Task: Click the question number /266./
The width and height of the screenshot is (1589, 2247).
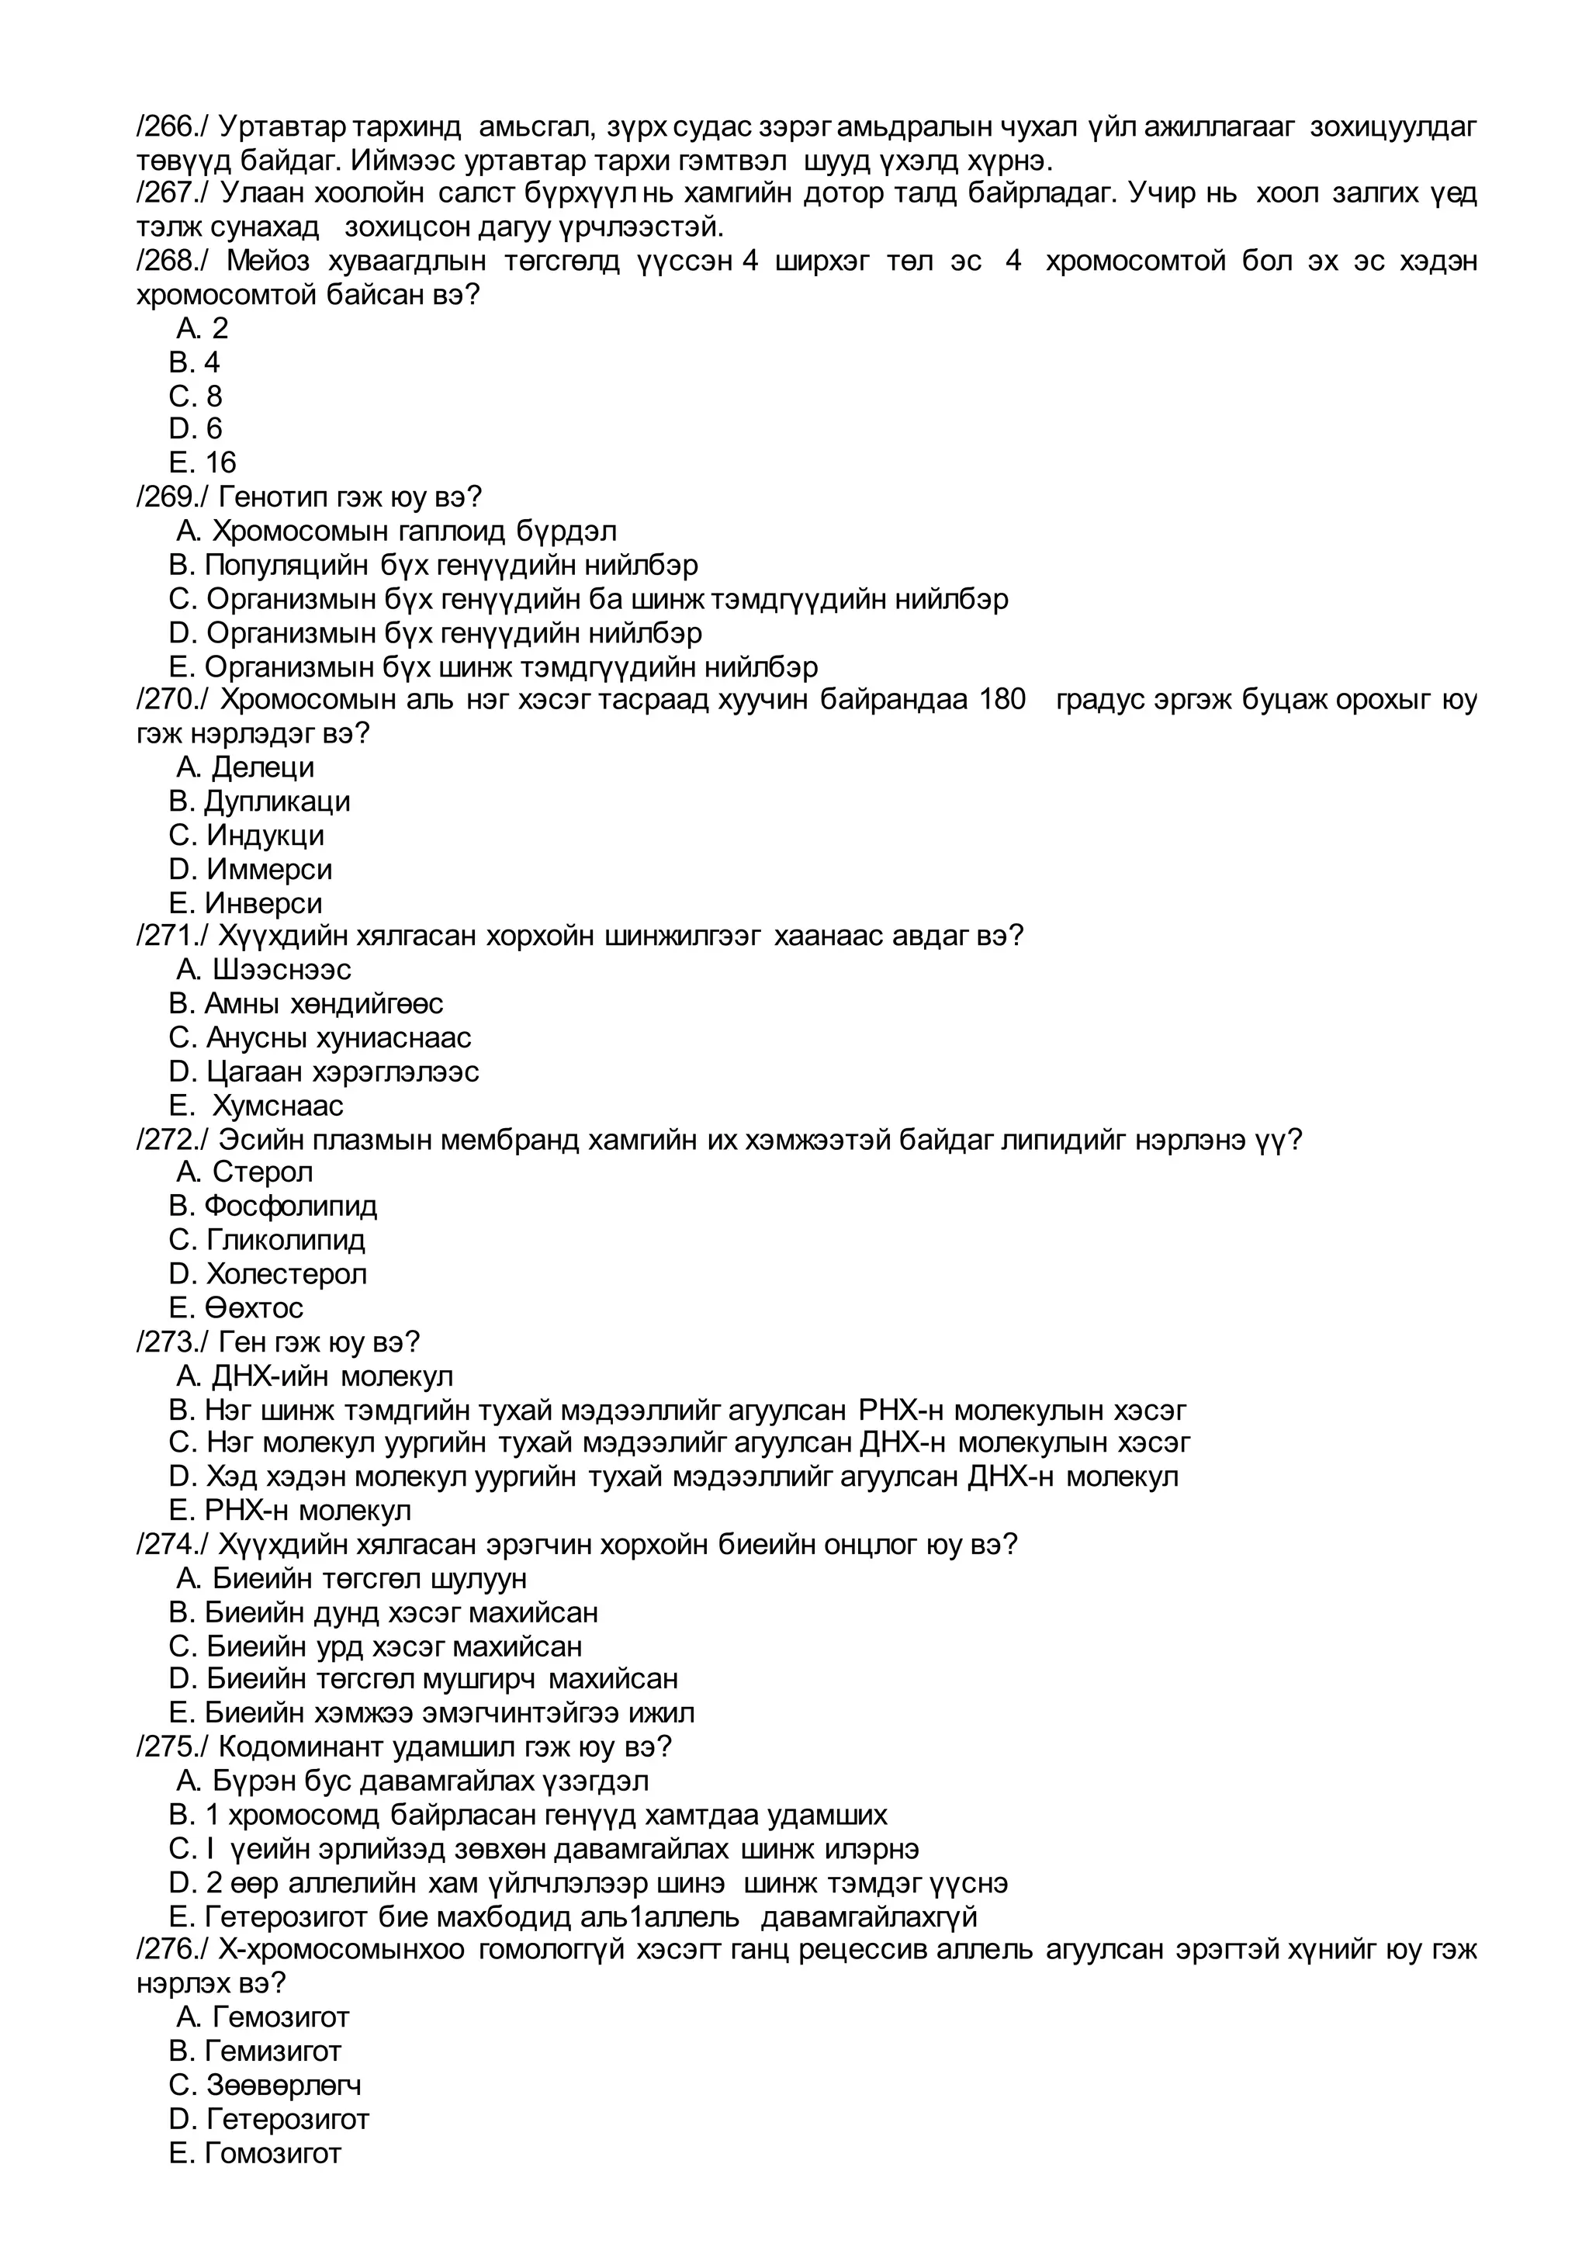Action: [x=171, y=127]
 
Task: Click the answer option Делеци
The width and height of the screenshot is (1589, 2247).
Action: [x=262, y=767]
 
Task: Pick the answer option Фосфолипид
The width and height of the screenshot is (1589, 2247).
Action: [x=291, y=1206]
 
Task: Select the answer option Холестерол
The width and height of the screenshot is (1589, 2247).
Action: [x=286, y=1273]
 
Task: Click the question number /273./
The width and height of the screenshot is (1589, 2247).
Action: [x=171, y=1342]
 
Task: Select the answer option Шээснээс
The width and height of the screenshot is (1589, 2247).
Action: [x=281, y=970]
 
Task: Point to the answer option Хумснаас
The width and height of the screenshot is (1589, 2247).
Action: [x=278, y=1105]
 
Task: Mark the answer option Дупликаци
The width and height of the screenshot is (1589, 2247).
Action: [x=276, y=802]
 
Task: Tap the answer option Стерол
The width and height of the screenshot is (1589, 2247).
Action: [x=262, y=1172]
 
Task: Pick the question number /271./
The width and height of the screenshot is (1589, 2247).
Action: [x=171, y=937]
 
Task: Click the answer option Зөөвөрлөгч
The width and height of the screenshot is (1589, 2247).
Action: [x=282, y=2085]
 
